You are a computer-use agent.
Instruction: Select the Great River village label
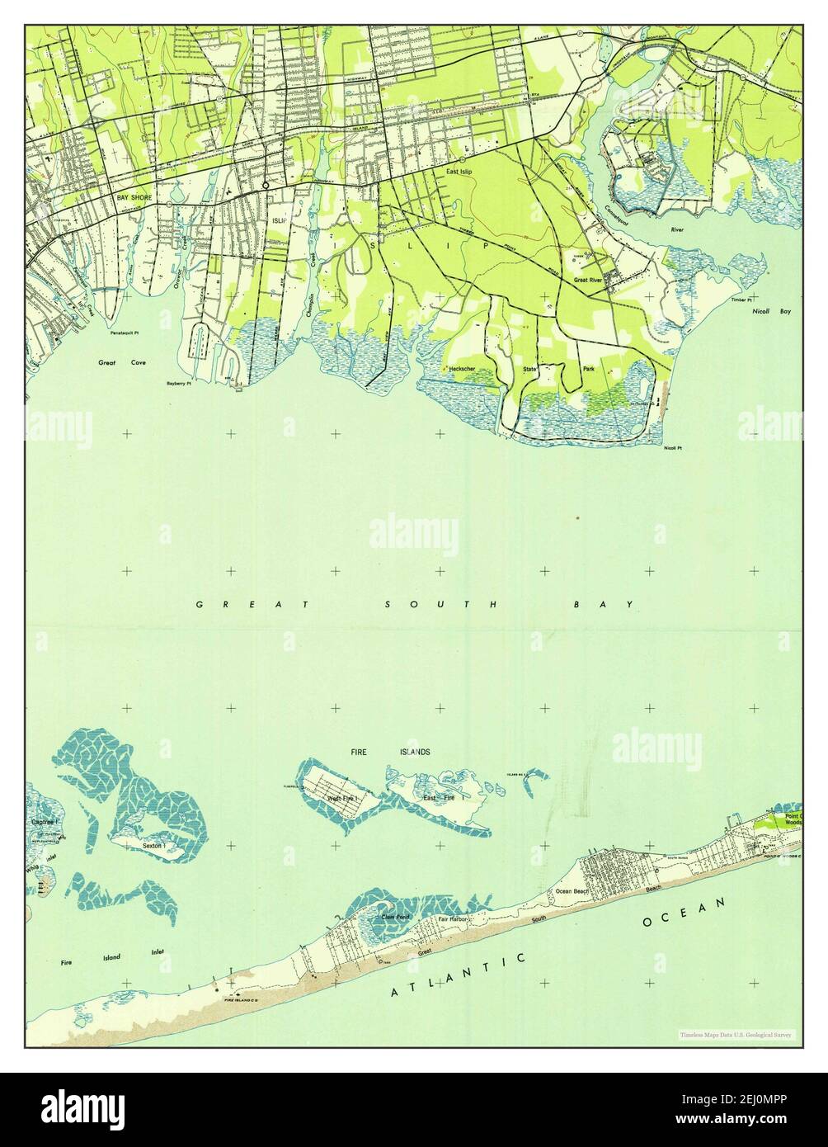tap(591, 281)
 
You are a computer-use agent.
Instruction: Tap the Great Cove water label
tap(116, 361)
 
